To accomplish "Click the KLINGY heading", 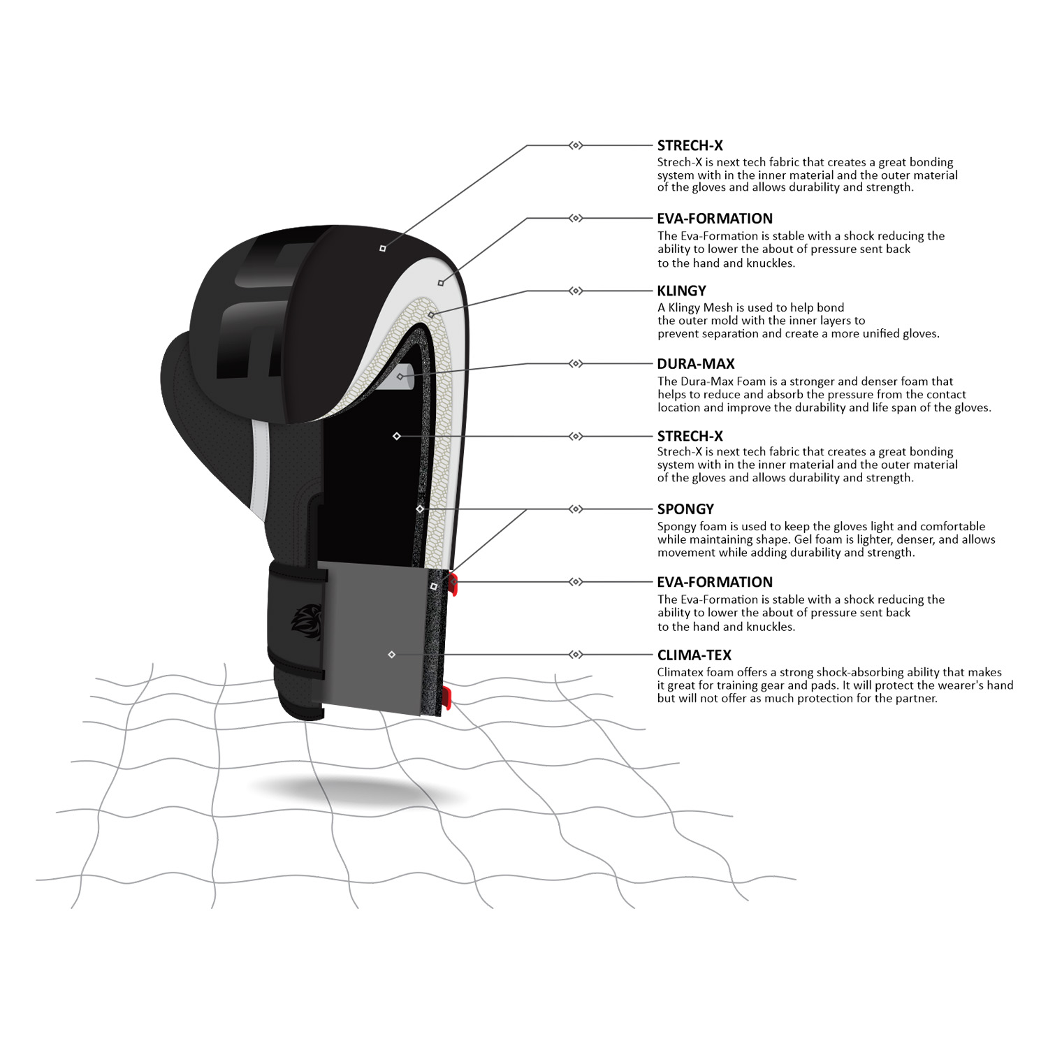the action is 681,291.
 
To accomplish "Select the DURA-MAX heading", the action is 695,363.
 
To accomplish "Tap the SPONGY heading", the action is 685,509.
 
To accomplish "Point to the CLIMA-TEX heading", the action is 694,655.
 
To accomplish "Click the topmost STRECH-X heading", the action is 690,145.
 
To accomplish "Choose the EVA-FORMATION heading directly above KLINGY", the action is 715,218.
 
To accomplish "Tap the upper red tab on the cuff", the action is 453,584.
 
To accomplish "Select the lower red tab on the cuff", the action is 446,698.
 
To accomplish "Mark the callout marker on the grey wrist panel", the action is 391,655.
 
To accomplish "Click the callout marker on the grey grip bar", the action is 400,377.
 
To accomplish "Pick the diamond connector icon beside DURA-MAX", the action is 576,363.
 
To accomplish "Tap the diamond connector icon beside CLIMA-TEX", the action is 576,655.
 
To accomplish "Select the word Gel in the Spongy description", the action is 804,539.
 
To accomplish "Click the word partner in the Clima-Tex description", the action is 914,699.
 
